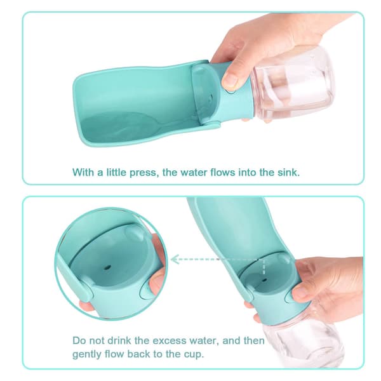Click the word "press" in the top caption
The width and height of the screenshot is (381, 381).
click(144, 173)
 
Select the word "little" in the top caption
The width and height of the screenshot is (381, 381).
click(116, 172)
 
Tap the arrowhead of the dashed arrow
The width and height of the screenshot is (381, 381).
click(175, 260)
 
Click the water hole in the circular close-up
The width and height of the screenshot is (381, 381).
click(107, 268)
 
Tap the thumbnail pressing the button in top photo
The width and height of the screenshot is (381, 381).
click(230, 79)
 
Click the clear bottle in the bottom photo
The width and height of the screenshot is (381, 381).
click(304, 340)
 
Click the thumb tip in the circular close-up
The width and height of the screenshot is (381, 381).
click(155, 284)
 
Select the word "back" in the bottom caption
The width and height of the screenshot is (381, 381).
click(138, 354)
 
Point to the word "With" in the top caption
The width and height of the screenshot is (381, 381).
click(83, 172)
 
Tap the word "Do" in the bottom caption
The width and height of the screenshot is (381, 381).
click(79, 340)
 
